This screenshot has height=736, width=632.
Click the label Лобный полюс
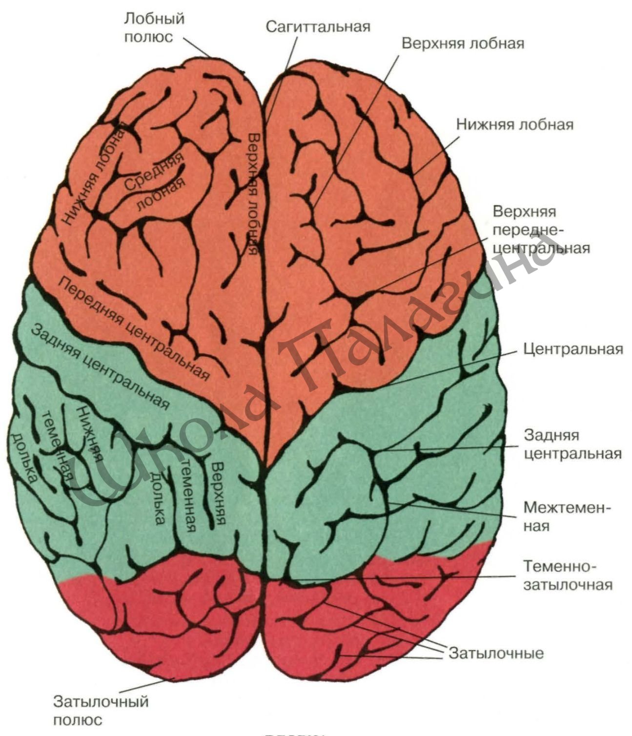tap(154, 28)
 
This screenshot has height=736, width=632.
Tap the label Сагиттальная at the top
tap(318, 27)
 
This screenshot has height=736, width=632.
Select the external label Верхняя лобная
tap(463, 43)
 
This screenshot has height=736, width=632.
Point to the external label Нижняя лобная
tap(515, 124)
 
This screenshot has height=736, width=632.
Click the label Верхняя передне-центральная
tap(541, 230)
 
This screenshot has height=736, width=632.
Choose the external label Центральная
tap(573, 349)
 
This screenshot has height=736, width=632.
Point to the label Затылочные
tap(496, 653)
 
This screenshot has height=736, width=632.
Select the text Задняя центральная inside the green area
tap(100, 367)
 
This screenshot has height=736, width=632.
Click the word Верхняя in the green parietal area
tap(218, 493)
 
